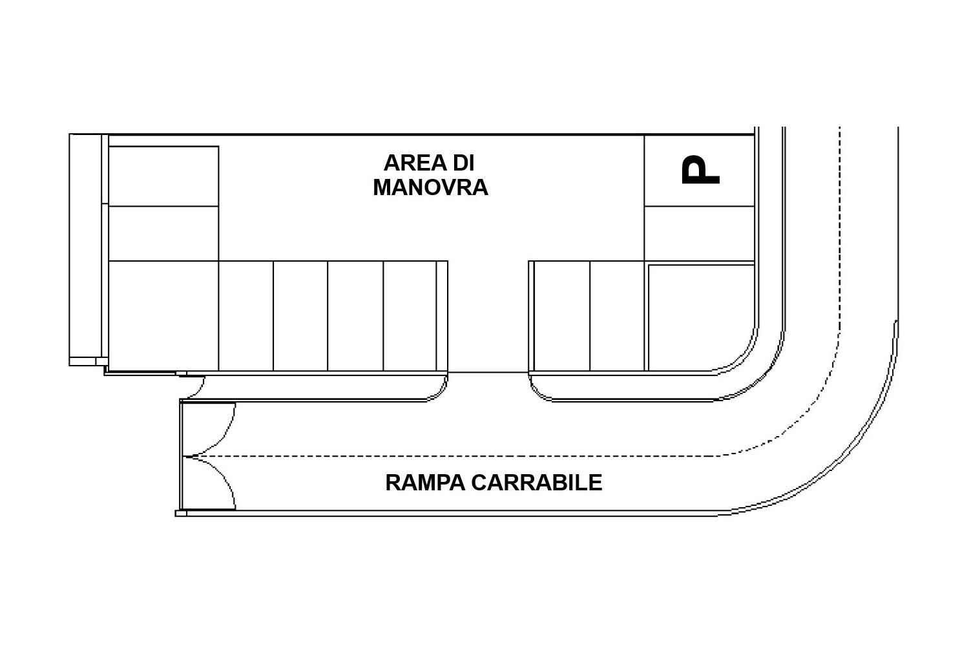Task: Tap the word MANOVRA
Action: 430,188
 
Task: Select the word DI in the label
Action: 464,163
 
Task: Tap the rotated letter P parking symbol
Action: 700,170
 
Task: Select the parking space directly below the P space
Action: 699,234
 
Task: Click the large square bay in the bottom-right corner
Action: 701,318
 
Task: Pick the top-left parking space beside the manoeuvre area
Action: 163,176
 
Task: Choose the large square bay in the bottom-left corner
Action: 163,316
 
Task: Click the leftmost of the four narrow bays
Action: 245,316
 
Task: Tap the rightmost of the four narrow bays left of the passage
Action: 410,316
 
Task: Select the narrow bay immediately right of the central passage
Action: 562,316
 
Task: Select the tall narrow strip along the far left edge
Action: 85,249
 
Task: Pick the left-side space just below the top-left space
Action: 163,234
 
